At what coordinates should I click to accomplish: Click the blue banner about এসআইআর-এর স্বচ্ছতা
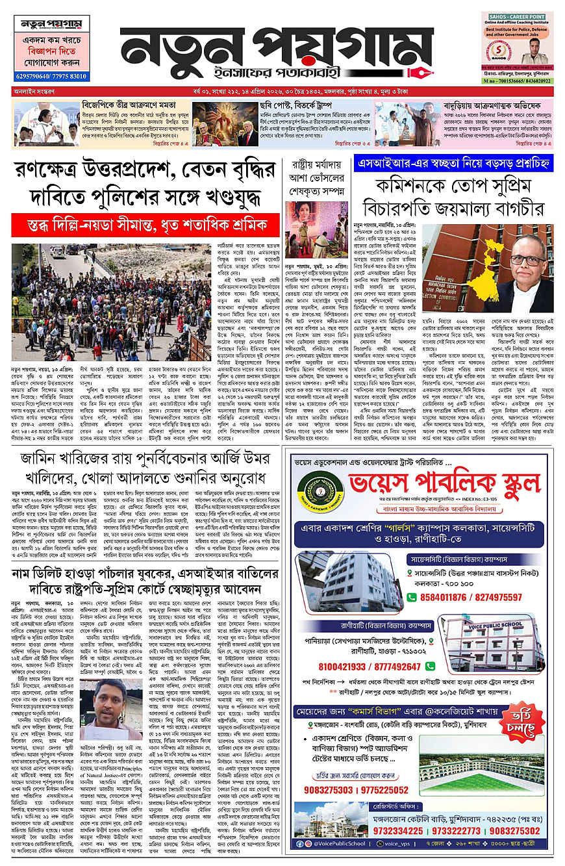tap(454, 165)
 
